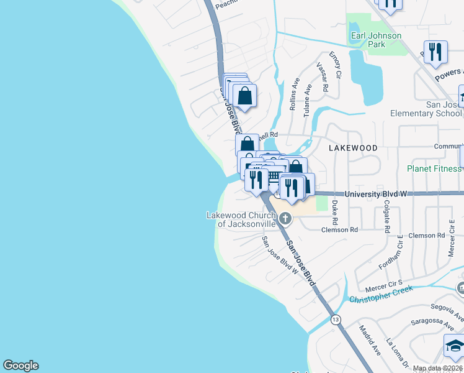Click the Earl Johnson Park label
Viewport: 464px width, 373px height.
tap(375, 40)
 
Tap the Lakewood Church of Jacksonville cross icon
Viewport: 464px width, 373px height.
tap(285, 218)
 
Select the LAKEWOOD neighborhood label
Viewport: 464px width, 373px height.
tap(353, 148)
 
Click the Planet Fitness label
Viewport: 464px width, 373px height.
tap(434, 168)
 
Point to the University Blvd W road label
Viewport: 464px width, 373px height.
tap(376, 194)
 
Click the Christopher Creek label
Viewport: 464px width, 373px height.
tap(380, 294)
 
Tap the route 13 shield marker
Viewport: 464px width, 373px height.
tap(336, 320)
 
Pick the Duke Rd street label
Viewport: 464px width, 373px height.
tap(335, 212)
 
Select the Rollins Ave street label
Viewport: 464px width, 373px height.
tap(295, 94)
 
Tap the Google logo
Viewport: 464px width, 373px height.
tap(20, 366)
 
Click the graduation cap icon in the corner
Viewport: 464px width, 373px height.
tap(455, 346)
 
